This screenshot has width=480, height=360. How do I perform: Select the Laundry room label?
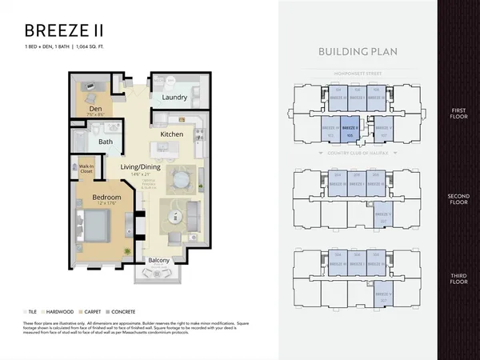(x=174, y=98)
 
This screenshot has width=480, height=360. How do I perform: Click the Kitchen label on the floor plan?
(x=173, y=134)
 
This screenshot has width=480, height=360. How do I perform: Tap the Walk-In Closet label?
(x=86, y=169)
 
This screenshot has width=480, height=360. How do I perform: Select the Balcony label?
(x=158, y=260)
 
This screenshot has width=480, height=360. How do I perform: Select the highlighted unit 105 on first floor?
(x=350, y=126)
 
